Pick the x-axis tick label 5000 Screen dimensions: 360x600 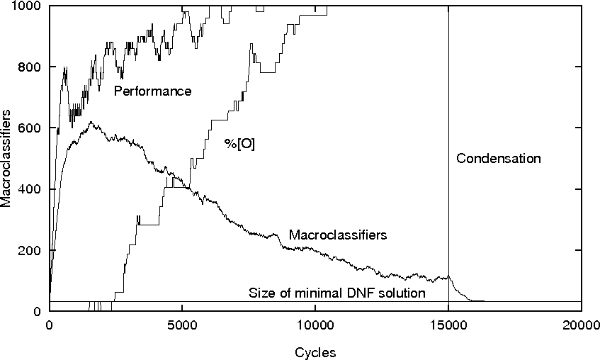point(182,325)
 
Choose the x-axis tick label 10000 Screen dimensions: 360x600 point(315,325)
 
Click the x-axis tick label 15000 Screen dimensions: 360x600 point(448,325)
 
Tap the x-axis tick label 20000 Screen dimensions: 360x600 point(581,325)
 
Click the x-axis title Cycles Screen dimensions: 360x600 point(315,351)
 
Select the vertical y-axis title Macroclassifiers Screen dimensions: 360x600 point(6,159)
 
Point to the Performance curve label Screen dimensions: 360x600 point(153,91)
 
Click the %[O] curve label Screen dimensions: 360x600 point(239,144)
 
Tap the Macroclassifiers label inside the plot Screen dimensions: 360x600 point(338,235)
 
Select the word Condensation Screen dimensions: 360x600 point(498,159)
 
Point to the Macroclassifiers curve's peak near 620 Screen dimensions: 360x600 point(90,122)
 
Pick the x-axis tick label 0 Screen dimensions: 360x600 point(49,325)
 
